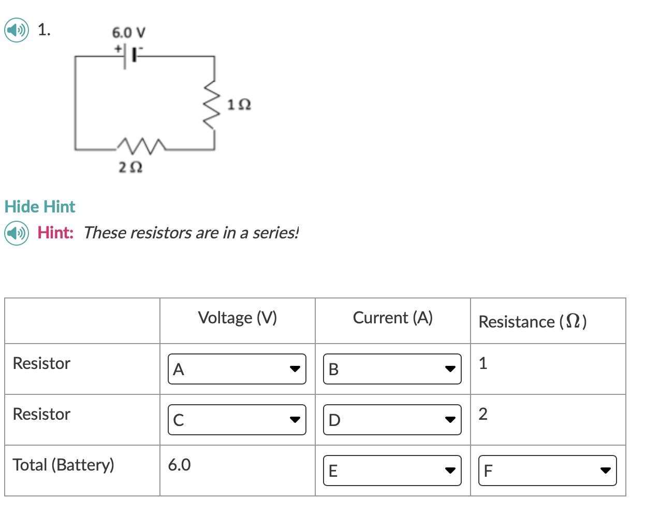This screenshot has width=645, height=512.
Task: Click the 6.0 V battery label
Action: pyautogui.click(x=129, y=33)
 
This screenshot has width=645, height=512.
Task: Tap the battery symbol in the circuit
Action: pyautogui.click(x=129, y=55)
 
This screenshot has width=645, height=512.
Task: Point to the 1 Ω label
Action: pyautogui.click(x=239, y=105)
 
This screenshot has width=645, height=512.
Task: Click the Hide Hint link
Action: pyautogui.click(x=40, y=207)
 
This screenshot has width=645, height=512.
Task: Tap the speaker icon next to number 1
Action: pyautogui.click(x=17, y=31)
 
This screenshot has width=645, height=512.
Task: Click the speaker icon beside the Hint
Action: pyautogui.click(x=17, y=233)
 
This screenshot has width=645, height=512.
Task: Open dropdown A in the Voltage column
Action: pyautogui.click(x=237, y=369)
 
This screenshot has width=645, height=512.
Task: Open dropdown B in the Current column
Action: pyautogui.click(x=392, y=369)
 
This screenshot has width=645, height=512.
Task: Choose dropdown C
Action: pyautogui.click(x=237, y=420)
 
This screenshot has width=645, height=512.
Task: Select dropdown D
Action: pyautogui.click(x=392, y=420)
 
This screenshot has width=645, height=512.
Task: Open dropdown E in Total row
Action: pyautogui.click(x=392, y=471)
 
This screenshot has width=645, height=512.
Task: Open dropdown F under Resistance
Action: pyautogui.click(x=547, y=471)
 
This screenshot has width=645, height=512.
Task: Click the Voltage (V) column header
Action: pyautogui.click(x=238, y=318)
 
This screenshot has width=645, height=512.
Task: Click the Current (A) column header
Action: pyautogui.click(x=392, y=318)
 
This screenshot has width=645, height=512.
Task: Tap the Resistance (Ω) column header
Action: pyautogui.click(x=532, y=322)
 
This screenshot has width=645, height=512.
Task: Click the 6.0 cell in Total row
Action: pyautogui.click(x=180, y=465)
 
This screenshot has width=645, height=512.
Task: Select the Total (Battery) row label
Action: pyautogui.click(x=63, y=465)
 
